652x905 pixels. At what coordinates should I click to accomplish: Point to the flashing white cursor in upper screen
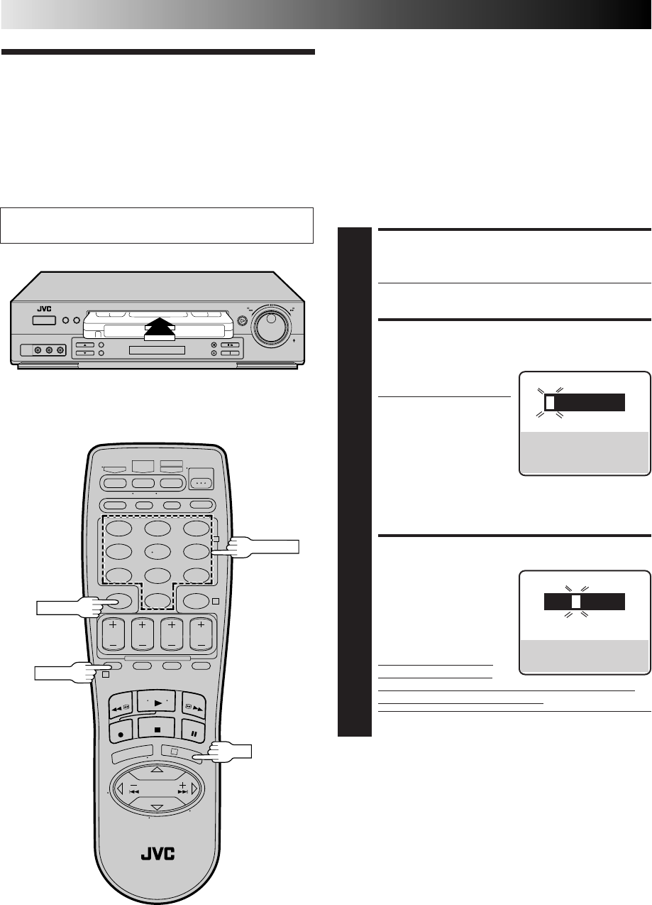tap(548, 403)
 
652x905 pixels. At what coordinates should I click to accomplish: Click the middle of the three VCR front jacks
tap(49, 350)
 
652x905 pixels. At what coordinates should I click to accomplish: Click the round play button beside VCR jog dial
tap(243, 321)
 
